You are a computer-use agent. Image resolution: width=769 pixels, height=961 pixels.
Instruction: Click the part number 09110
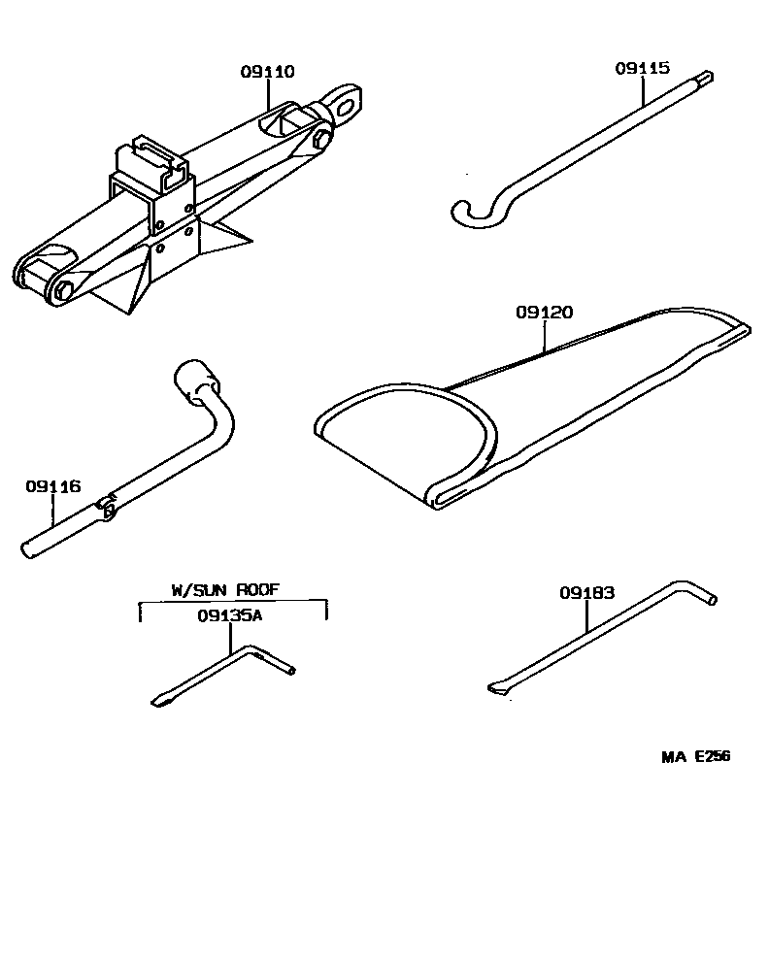pos(267,71)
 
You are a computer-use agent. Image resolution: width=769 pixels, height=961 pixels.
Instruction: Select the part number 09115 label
pos(642,68)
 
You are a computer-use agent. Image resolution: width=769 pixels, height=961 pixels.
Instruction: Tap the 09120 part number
pos(544,313)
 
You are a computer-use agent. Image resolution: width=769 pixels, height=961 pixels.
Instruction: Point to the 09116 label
pos(52,486)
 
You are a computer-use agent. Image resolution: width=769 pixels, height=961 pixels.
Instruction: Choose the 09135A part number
pos(230,615)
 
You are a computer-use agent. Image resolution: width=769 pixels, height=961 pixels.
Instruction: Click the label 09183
pos(586,592)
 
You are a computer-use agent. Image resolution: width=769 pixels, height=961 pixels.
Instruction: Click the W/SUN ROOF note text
pos(233,589)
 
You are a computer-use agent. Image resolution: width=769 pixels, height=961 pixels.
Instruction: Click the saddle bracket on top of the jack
pos(150,159)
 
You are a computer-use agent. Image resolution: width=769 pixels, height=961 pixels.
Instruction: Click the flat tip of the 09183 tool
pos(496,689)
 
